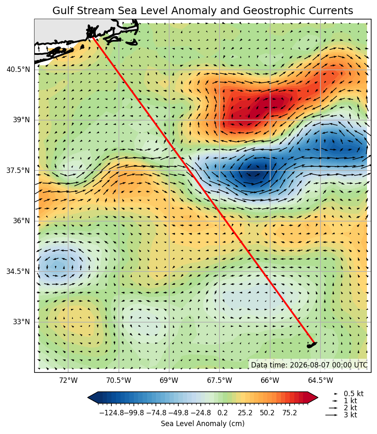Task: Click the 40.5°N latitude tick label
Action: [18, 69]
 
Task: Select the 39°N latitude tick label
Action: [21, 120]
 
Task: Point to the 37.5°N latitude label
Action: [18, 170]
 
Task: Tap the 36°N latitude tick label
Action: [21, 221]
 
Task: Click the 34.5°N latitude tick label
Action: [18, 271]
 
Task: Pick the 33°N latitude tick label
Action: [21, 322]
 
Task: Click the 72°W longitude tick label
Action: [68, 380]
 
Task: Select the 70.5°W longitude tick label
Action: [119, 380]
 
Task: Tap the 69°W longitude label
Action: [169, 380]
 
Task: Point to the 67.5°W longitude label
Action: [220, 380]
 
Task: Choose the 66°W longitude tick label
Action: [270, 380]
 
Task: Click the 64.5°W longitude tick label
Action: [320, 380]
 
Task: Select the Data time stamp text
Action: [309, 365]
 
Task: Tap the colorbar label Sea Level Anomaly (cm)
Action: [202, 424]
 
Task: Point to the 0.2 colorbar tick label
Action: [222, 413]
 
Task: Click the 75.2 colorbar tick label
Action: [290, 413]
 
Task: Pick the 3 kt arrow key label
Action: [350, 415]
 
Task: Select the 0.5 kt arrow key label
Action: [354, 394]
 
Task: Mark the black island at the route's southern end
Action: [311, 345]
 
